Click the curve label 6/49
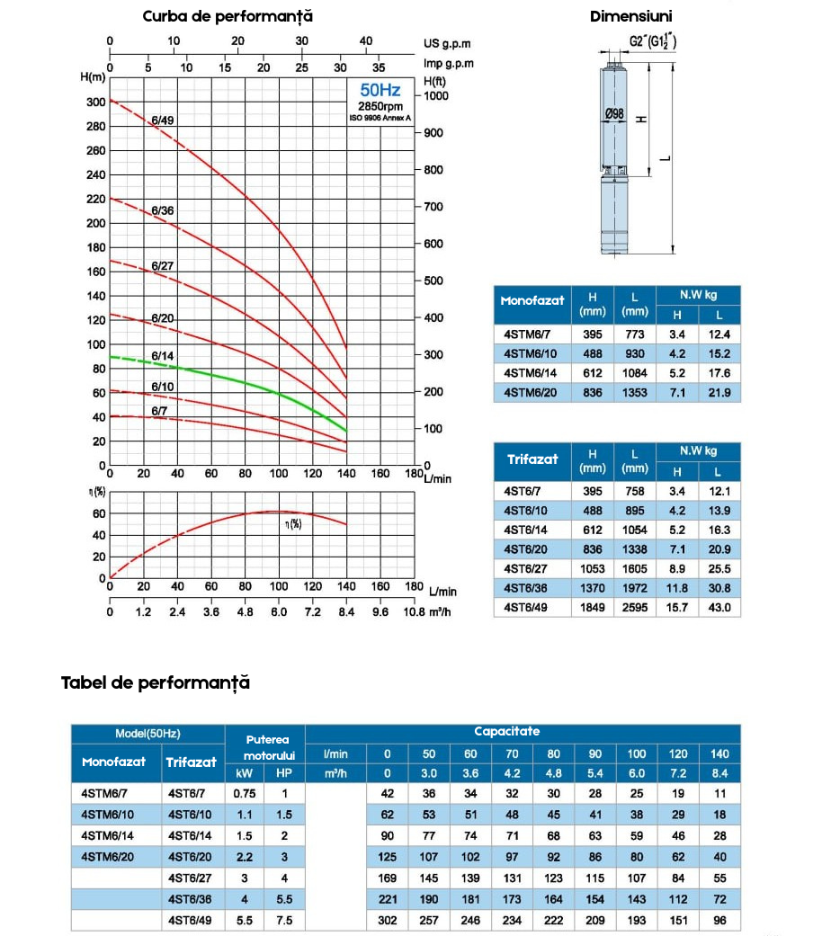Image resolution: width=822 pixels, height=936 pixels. [163, 120]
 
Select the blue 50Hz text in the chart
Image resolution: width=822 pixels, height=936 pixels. [380, 90]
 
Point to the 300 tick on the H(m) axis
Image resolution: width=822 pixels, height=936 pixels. [96, 103]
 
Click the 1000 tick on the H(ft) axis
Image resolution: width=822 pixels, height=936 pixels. [436, 96]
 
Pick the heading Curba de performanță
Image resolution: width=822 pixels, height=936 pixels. [228, 16]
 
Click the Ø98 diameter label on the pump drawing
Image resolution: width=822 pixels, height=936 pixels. [614, 113]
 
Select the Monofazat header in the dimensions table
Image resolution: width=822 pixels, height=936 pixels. [532, 301]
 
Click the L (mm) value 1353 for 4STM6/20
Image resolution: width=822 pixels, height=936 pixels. [635, 393]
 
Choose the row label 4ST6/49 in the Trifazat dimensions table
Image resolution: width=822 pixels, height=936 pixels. [525, 608]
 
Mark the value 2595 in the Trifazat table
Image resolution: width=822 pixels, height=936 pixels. [635, 608]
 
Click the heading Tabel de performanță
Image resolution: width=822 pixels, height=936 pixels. [156, 683]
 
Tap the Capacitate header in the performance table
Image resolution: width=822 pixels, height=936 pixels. [507, 731]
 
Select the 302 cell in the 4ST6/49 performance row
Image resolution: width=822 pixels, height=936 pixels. [387, 921]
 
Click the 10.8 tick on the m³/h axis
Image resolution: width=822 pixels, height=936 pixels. [414, 612]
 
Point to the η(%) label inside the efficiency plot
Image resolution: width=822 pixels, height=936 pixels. [293, 524]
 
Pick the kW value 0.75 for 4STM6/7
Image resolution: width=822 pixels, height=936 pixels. [244, 793]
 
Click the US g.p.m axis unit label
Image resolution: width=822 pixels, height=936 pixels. [447, 43]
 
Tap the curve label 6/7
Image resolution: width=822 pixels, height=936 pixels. [159, 411]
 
